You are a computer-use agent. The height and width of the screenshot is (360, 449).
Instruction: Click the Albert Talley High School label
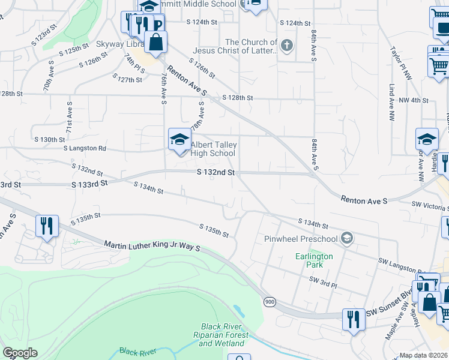(213, 149)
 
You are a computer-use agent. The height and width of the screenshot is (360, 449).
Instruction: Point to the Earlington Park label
(314, 260)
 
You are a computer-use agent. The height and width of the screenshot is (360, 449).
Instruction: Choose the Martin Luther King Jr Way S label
(152, 246)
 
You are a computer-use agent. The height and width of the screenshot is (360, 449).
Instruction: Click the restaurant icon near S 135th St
(47, 226)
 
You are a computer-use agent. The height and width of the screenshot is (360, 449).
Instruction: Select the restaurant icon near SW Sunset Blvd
(354, 319)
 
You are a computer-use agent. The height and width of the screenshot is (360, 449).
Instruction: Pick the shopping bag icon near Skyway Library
(155, 43)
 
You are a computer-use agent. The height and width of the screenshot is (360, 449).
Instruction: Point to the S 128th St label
(238, 98)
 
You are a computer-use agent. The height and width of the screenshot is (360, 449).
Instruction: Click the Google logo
(20, 353)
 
